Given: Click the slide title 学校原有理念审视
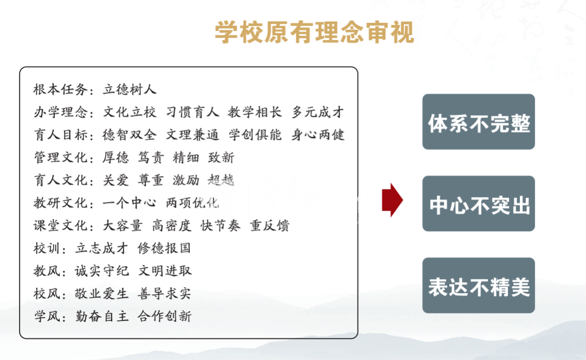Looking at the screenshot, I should [x=315, y=33].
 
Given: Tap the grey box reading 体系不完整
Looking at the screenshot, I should [x=479, y=122].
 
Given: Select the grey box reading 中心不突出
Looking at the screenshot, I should [x=479, y=204].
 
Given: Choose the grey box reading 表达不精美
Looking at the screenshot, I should [x=479, y=286].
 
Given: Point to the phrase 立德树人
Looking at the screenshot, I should [x=129, y=90].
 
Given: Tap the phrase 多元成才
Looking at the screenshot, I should [x=317, y=112].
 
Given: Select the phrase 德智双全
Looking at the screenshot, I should [x=129, y=135].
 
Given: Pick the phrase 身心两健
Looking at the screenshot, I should [x=317, y=135].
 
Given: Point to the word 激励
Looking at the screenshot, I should [x=186, y=180].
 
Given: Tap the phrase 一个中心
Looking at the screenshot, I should [x=129, y=203].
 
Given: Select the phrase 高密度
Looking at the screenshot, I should [x=171, y=225].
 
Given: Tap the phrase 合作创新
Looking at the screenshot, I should [x=164, y=316].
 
